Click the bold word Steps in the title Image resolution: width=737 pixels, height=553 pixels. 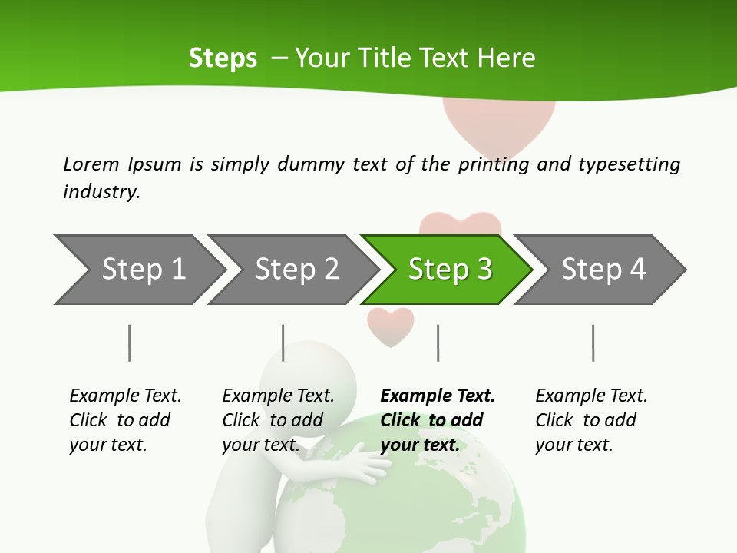[223, 58]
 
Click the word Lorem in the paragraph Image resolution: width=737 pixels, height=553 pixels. [91, 164]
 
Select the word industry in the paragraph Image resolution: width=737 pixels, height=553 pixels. [101, 192]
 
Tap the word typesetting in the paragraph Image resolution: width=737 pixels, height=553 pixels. [629, 164]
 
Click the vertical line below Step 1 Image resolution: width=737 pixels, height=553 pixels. [129, 343]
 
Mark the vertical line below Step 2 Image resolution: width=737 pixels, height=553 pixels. [283, 343]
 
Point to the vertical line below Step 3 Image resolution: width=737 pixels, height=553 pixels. [438, 343]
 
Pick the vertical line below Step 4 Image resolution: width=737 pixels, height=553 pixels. [593, 343]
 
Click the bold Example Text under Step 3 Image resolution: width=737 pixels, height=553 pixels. [438, 396]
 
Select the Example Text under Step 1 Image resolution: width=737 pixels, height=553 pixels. [125, 396]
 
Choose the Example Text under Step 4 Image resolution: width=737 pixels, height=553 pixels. [591, 396]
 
